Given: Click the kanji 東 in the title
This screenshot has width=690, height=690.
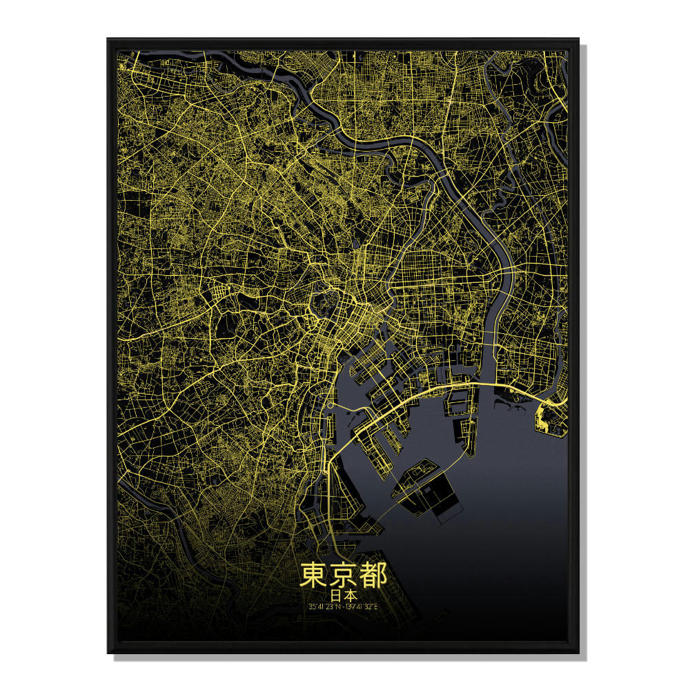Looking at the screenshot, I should (313, 575).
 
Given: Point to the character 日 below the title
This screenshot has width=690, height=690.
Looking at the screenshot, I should (335, 594).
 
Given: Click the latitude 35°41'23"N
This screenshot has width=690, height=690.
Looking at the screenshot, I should (323, 607).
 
